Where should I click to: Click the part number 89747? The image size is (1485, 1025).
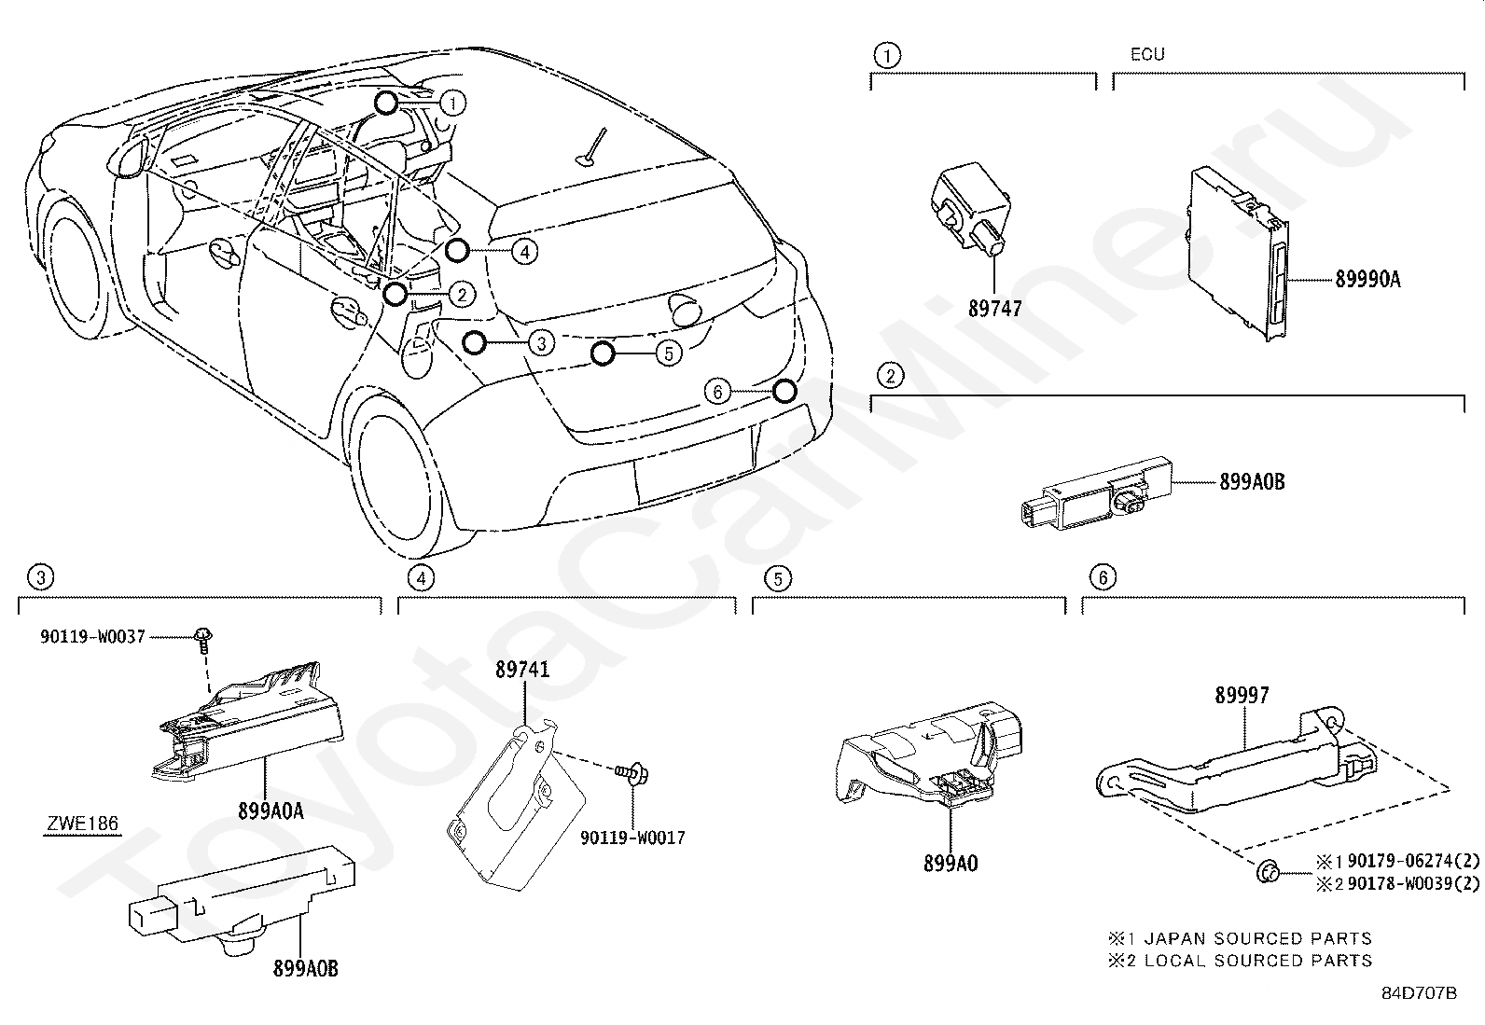[x=994, y=308]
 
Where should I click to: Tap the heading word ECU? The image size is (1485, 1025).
[x=1147, y=54]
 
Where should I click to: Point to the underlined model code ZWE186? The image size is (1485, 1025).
[x=83, y=824]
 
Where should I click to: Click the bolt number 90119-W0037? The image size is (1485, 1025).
[x=92, y=636]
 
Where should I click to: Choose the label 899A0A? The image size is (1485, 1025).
[x=271, y=810]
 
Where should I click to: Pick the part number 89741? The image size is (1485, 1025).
[x=522, y=670]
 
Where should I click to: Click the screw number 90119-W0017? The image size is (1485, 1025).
[x=632, y=838]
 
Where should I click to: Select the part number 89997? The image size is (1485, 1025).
[x=1242, y=695]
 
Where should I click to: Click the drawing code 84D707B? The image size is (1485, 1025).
[x=1419, y=992]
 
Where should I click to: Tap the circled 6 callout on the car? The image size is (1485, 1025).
[x=717, y=393]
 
